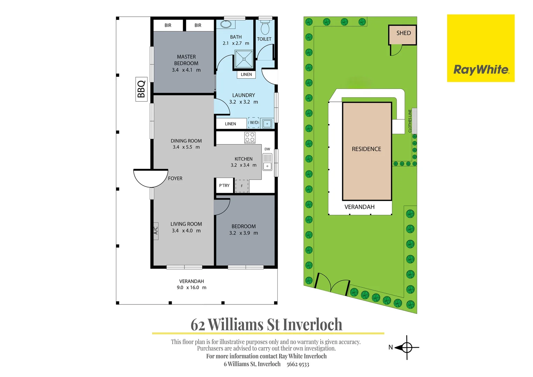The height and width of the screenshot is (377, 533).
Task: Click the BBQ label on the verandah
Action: tap(141, 89)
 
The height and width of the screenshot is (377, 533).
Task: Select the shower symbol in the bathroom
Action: tap(244, 59)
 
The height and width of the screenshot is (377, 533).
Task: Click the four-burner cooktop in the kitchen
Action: tap(250, 137)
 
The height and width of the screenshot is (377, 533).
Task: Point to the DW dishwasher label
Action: tap(267, 149)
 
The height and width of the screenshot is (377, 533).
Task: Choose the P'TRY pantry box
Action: tap(224, 185)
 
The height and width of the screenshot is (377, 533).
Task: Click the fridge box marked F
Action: tap(242, 186)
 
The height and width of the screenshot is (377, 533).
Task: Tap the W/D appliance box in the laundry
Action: tap(254, 123)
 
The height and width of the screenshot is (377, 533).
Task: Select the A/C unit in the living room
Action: tap(156, 231)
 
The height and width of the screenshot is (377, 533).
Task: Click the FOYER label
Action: tap(175, 178)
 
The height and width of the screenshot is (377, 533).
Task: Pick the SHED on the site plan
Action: tap(403, 35)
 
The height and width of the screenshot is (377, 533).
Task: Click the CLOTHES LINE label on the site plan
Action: tap(410, 121)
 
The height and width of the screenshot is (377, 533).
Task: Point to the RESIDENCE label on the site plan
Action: tap(366, 149)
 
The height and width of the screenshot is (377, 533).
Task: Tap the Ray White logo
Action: tap(481, 48)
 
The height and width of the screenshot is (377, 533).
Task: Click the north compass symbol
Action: tap(406, 348)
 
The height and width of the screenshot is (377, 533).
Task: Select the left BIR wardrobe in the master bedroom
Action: tap(168, 25)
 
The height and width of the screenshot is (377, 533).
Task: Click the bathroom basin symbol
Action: tap(226, 24)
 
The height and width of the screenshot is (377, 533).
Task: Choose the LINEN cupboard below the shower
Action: tap(246, 74)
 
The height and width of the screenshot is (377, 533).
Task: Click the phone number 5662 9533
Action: tap(298, 364)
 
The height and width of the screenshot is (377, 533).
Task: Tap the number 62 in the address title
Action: tap(198, 325)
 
